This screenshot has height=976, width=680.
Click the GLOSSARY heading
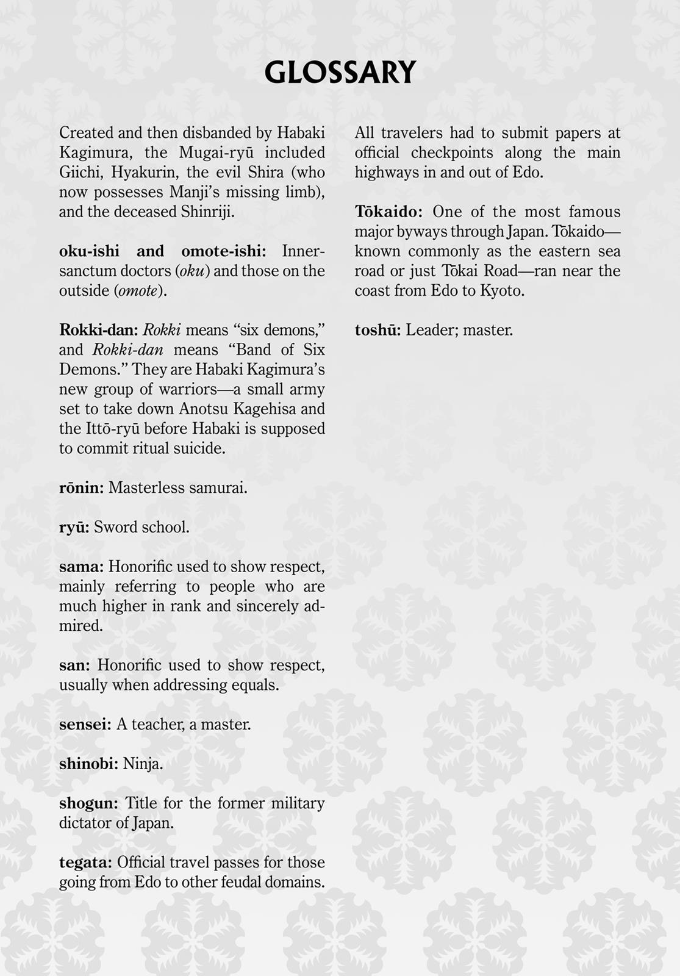pyautogui.click(x=340, y=72)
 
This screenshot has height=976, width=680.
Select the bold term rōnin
pyautogui.click(x=81, y=488)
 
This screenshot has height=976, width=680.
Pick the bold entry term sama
pyautogui.click(x=81, y=567)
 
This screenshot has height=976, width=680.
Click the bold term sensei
pyautogui.click(x=85, y=725)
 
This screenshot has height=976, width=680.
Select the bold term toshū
pyautogui.click(x=378, y=330)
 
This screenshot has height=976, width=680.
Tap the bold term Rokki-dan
pyautogui.click(x=98, y=330)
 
